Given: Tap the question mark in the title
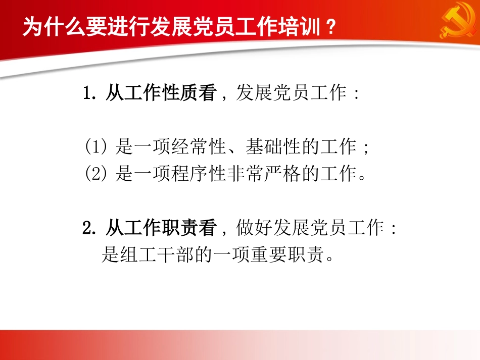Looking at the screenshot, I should point(330,27).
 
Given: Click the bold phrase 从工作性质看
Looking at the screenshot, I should point(160,93).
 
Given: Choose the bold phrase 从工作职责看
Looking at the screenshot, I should point(160,229).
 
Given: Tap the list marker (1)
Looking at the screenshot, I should point(95,147).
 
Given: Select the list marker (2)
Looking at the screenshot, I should point(95,174).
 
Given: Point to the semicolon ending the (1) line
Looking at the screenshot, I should point(366,148).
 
